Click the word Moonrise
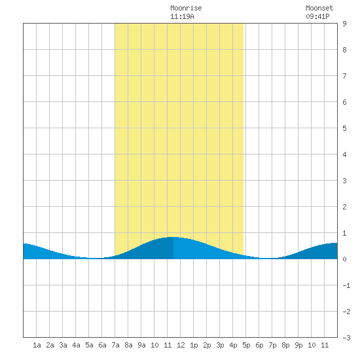coord(186,8)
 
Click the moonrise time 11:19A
coord(182,16)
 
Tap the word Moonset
coord(319,8)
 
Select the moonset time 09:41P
coord(317,16)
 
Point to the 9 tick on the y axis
coord(344,24)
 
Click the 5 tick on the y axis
coord(344,128)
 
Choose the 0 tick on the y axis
coord(344,259)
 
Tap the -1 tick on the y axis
coord(346,285)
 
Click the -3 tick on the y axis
coord(346,338)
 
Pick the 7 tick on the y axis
coord(344,76)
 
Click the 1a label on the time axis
coord(37,345)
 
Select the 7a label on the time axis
coord(115,345)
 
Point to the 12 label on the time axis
coord(181,345)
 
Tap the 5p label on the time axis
coord(246,345)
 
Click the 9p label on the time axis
coord(298,345)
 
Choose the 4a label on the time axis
coord(76,345)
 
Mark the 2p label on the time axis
coord(207,345)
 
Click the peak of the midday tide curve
coord(173,237)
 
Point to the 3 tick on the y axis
coord(344,181)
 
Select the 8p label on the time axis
coord(285,345)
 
